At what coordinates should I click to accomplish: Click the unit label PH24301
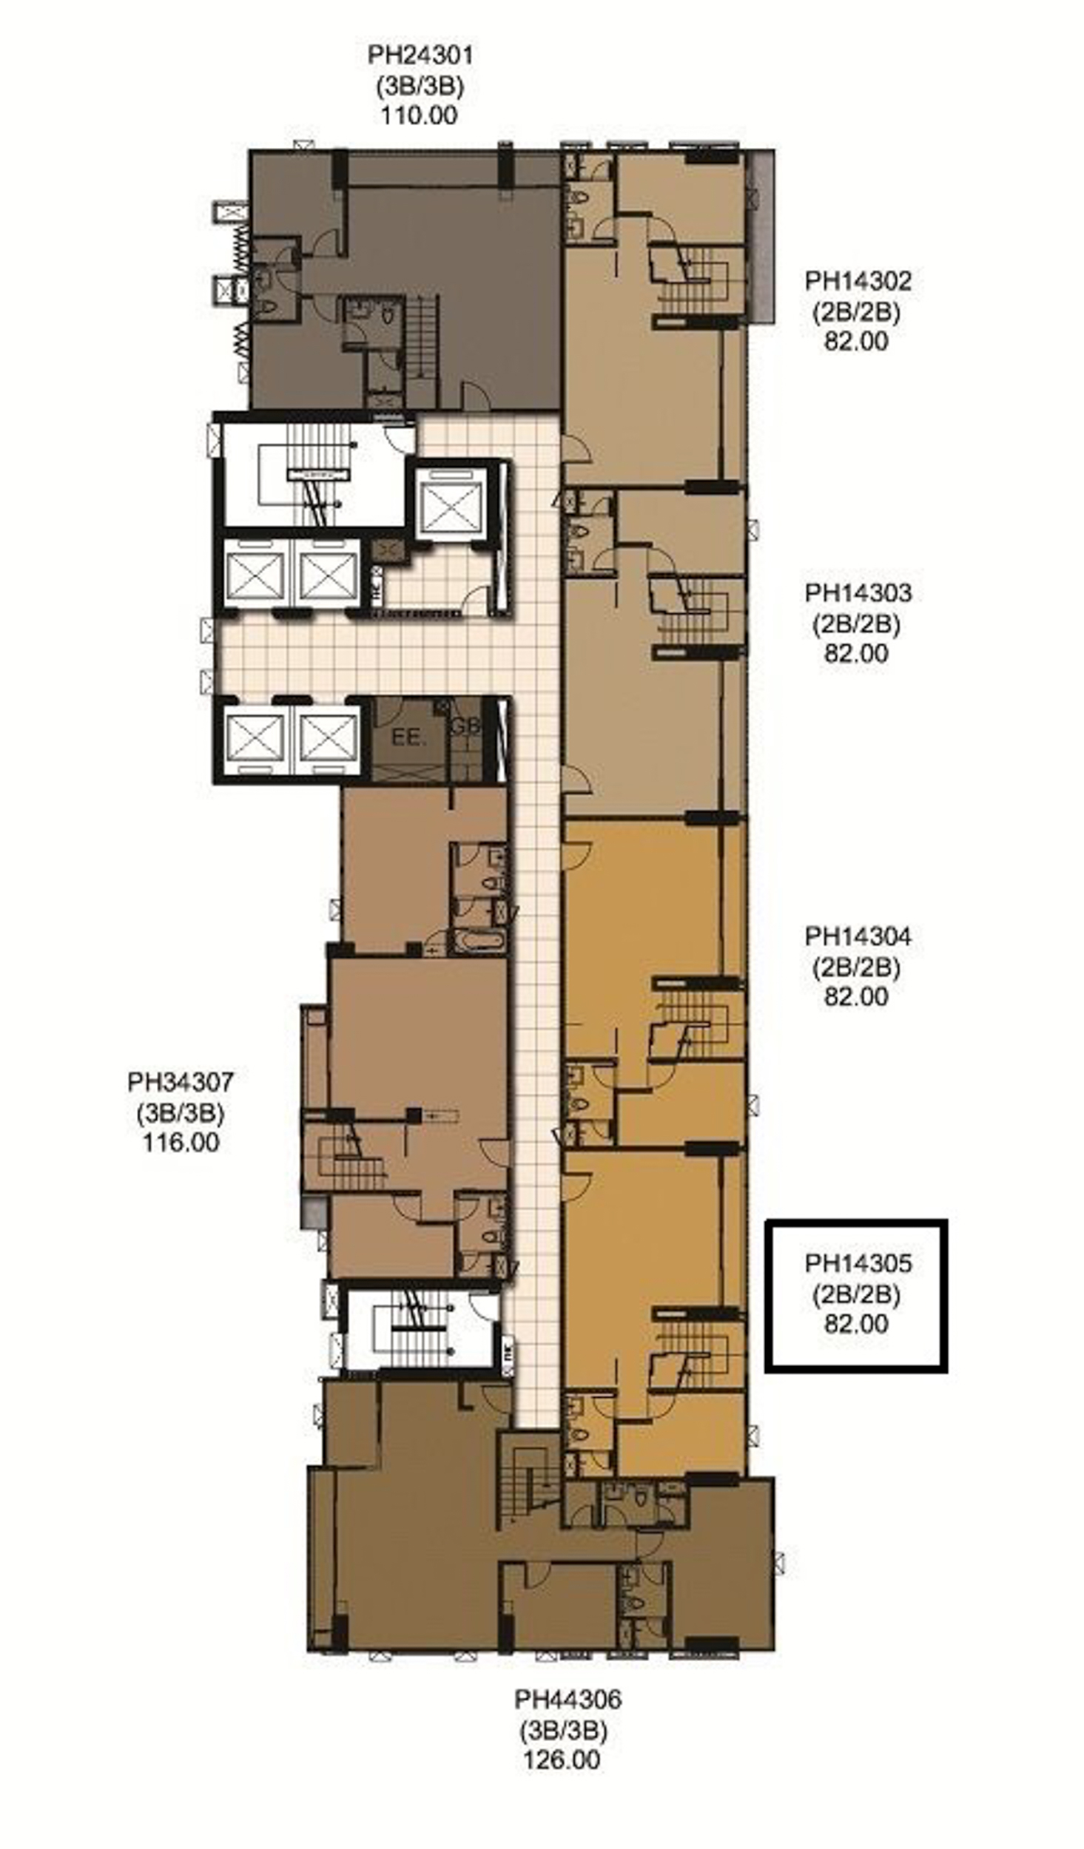point(420,55)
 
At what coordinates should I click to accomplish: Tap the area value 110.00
point(420,116)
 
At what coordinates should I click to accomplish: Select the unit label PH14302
point(858,281)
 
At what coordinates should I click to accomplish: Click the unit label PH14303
point(858,593)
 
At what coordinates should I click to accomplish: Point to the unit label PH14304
point(858,936)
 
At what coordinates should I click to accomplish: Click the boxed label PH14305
point(858,1263)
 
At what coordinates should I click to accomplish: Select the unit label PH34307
point(181,1082)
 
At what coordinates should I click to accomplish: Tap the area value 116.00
point(181,1143)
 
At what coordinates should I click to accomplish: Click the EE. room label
point(406,737)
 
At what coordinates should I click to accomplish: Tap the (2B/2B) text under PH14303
point(856,625)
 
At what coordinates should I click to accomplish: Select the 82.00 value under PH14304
point(856,997)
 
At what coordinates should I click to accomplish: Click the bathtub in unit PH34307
point(479,941)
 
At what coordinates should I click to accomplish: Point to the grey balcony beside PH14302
point(760,237)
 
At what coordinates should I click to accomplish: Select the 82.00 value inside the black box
point(856,1324)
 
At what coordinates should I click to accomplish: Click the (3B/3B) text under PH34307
point(180,1113)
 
